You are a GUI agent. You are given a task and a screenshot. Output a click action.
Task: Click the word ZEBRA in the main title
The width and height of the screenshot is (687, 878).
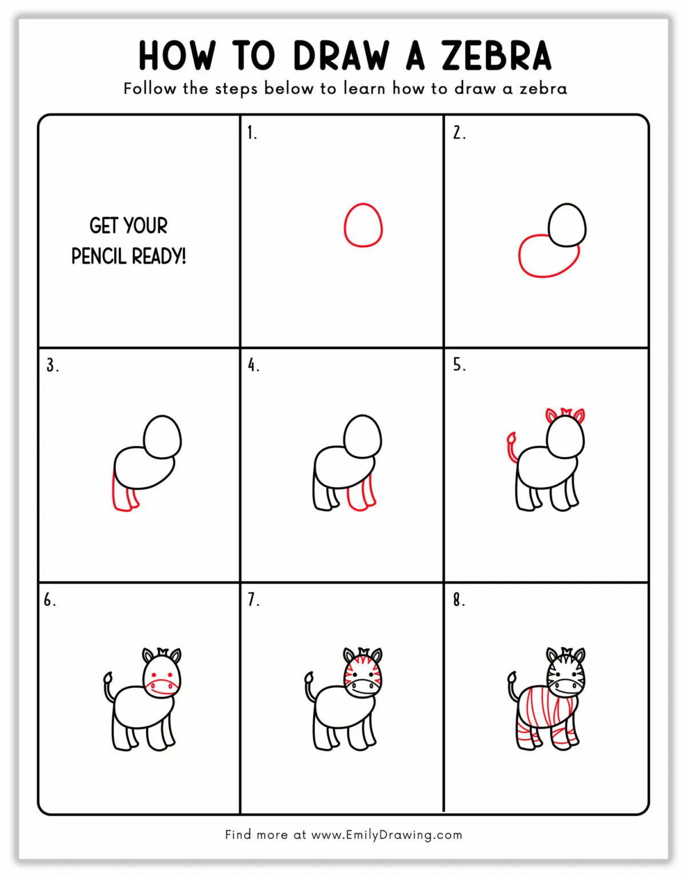(496, 55)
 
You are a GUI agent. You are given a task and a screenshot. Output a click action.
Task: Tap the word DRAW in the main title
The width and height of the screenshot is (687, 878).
(341, 55)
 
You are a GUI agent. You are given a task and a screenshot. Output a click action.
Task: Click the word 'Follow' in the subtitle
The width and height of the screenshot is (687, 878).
(150, 89)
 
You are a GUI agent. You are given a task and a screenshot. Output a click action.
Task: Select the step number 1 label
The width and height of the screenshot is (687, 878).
(251, 133)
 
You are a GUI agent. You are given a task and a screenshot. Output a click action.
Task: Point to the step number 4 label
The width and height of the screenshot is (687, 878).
(253, 365)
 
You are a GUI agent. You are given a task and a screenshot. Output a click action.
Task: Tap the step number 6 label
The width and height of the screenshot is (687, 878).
(50, 600)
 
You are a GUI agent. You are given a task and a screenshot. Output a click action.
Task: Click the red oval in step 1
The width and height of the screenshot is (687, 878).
(363, 225)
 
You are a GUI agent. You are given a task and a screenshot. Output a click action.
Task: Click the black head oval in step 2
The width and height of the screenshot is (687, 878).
(567, 225)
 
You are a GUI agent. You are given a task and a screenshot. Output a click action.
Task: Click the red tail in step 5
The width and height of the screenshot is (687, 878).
(512, 446)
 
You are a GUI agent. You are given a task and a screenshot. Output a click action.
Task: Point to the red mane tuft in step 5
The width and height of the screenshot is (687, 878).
(566, 412)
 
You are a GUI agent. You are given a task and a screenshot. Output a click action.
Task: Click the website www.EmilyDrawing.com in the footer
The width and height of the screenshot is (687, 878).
(386, 835)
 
